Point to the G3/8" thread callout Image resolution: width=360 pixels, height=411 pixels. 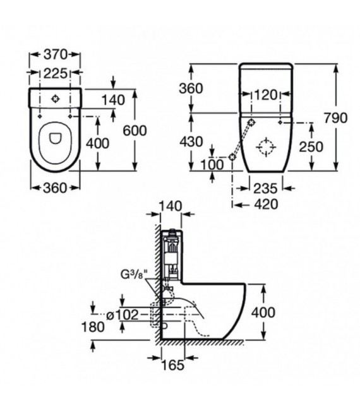click(x=133, y=274)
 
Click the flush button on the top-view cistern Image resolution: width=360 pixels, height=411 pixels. click(x=56, y=99)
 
